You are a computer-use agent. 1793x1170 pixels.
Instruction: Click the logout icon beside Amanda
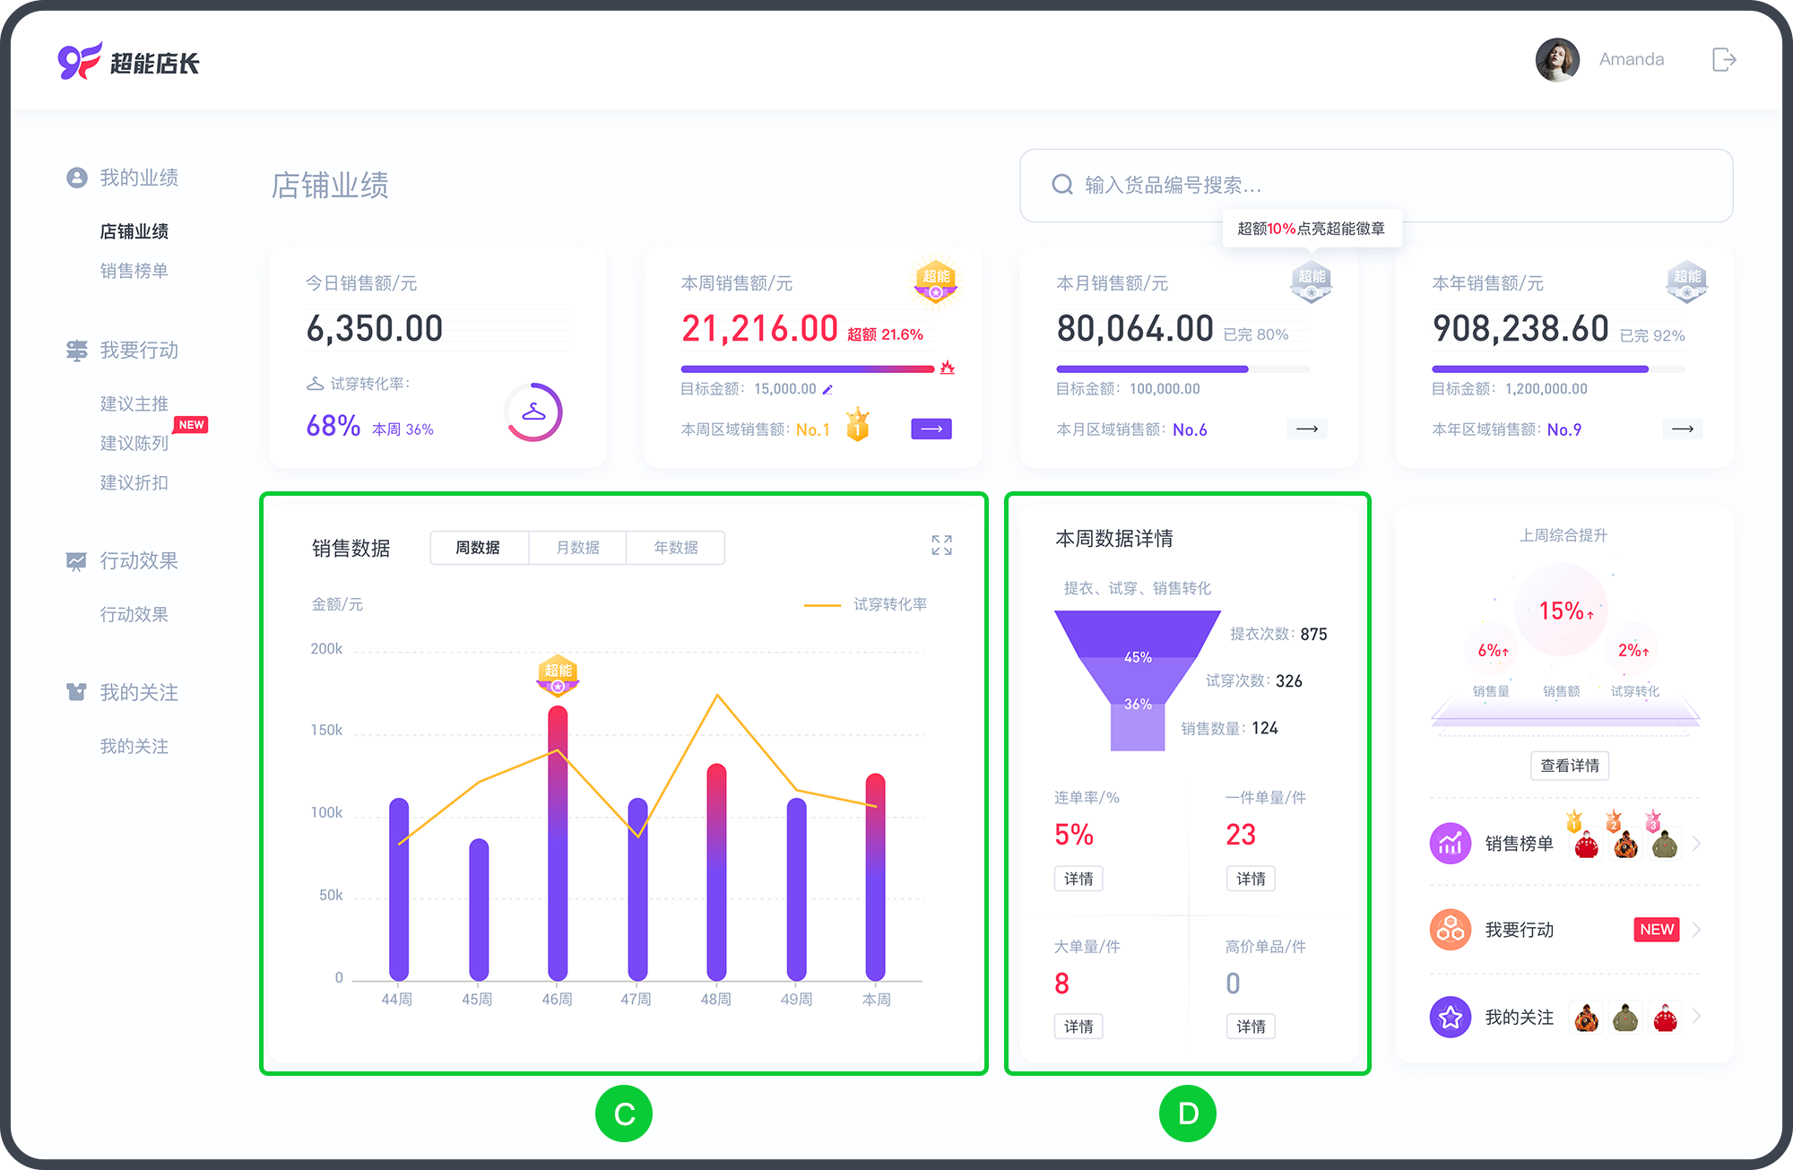[1724, 60]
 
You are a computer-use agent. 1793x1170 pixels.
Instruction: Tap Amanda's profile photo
[1557, 60]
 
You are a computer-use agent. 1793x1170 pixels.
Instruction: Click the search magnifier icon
[1062, 185]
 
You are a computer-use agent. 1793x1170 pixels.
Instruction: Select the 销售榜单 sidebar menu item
[134, 271]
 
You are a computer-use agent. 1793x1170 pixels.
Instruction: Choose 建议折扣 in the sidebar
[134, 482]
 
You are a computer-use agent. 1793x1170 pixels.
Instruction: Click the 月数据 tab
[577, 548]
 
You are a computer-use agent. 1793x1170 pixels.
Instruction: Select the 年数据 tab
[676, 548]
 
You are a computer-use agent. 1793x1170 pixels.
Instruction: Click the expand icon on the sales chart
[941, 545]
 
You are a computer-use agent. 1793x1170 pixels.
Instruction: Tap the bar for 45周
[479, 909]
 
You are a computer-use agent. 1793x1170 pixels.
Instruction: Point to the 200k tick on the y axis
[326, 649]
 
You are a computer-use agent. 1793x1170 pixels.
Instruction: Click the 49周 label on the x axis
[796, 999]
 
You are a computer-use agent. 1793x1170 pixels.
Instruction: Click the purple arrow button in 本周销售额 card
[931, 429]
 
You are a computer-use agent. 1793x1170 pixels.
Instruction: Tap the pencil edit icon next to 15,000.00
[827, 389]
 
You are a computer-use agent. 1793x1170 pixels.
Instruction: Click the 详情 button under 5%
[1078, 879]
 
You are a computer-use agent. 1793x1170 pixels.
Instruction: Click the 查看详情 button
[1570, 766]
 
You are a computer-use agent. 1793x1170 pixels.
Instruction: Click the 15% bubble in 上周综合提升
[1563, 611]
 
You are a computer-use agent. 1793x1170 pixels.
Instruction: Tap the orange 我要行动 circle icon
[1451, 930]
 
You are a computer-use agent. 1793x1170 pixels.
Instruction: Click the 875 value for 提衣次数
[1313, 634]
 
